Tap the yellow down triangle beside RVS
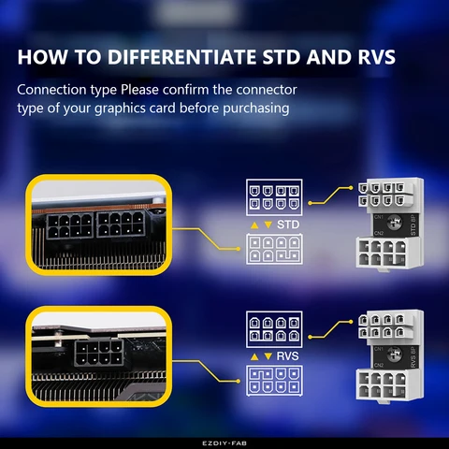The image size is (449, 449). pos(268,357)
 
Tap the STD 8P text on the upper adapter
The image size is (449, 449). pos(413,224)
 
